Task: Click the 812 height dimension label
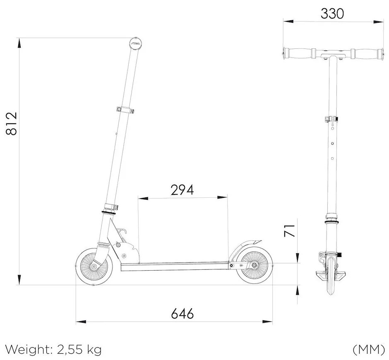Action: pos(12,124)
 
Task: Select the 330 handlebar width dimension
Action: pos(332,14)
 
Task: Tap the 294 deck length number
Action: pos(182,190)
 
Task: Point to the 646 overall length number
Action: pos(182,314)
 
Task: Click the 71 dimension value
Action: pos(289,230)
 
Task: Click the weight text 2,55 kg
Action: pos(79,350)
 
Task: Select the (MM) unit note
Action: pos(369,350)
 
